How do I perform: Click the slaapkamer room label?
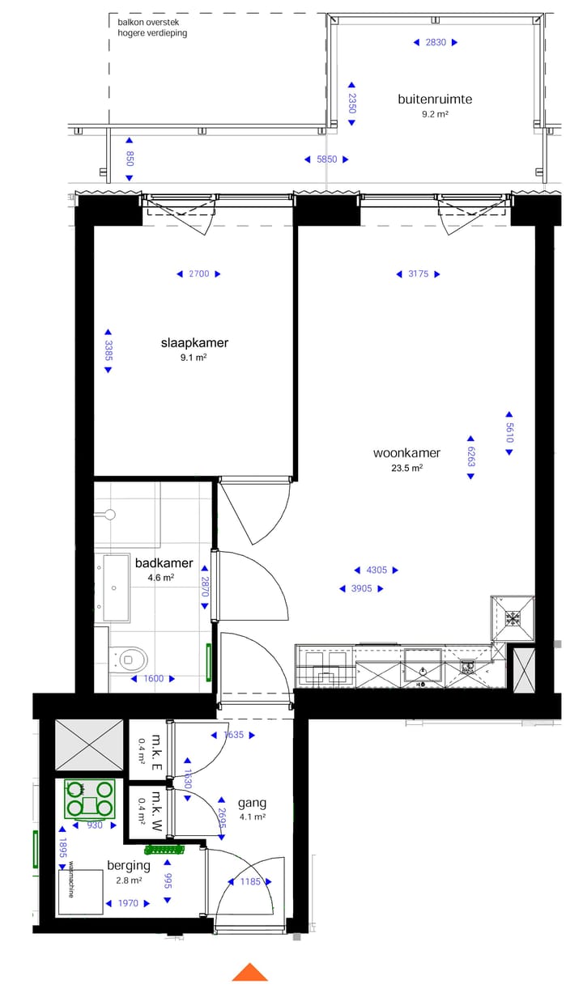pos(194,342)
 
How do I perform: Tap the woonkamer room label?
pos(406,453)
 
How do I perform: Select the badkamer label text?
pos(164,563)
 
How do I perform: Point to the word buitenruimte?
pos(435,100)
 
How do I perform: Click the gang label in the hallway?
pos(252,803)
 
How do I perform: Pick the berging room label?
pos(129,865)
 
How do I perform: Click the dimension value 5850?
pos(326,159)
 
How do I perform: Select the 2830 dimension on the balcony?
pos(436,43)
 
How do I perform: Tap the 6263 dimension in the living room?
pos(470,456)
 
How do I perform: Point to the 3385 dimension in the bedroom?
pos(108,350)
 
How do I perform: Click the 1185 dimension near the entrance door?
pos(250,881)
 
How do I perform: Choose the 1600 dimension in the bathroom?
pos(153,679)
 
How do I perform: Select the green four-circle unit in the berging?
pos(90,798)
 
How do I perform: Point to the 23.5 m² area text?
pos(406,468)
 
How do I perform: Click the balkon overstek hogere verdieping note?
pos(153,28)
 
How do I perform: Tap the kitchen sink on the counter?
pos(423,670)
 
